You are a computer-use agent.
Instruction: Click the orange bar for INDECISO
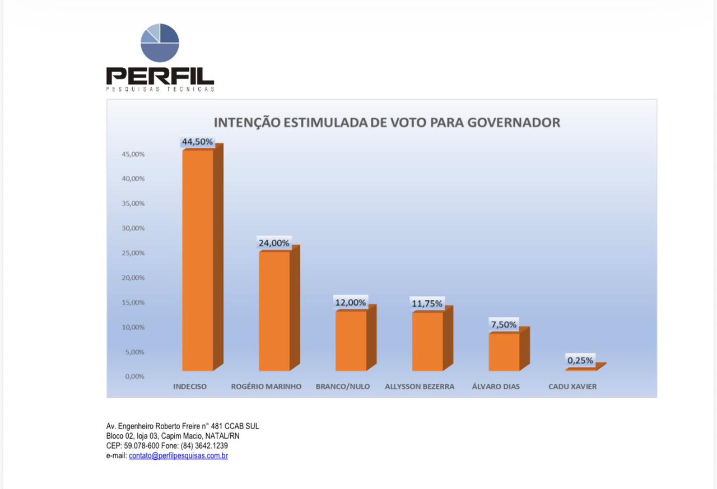pos(198,260)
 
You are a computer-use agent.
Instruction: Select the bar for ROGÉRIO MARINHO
pos(274,311)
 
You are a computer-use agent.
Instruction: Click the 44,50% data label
pos(197,142)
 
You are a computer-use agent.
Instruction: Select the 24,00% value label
pos(274,243)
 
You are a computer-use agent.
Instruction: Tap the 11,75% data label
pos(427,304)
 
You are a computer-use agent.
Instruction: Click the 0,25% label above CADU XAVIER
pos(580,361)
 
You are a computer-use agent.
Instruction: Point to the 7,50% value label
pos(504,325)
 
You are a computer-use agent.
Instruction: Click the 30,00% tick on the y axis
pos(133,228)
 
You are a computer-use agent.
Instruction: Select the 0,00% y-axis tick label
pos(134,377)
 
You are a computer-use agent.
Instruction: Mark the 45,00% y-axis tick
pos(133,154)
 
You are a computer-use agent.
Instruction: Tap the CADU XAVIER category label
pos(572,387)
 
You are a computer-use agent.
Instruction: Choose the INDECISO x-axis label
pos(190,387)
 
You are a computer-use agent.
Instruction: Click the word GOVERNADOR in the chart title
pos(511,123)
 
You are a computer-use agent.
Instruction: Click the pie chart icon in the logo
pos(160,43)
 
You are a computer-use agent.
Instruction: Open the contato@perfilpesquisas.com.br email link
pos(178,456)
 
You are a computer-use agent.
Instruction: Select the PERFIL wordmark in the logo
pos(160,76)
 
